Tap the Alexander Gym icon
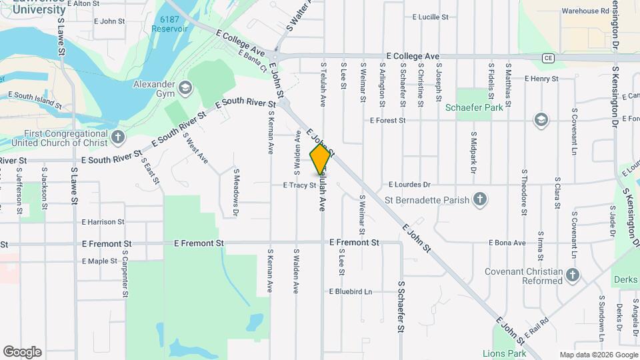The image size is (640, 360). pyautogui.click(x=185, y=87)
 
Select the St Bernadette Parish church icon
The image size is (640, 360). pyautogui.click(x=479, y=199)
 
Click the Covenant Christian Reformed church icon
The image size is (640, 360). pyautogui.click(x=572, y=275)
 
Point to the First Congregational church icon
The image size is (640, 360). pyautogui.click(x=118, y=138)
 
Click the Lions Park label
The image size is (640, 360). pyautogui.click(x=504, y=353)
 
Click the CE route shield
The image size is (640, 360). pyautogui.click(x=548, y=57)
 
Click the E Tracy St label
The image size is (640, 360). pyautogui.click(x=299, y=185)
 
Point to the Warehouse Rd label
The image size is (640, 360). pyautogui.click(x=585, y=11)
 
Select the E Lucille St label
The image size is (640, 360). pyautogui.click(x=434, y=17)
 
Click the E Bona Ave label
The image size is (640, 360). pyautogui.click(x=507, y=243)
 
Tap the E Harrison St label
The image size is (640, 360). pyautogui.click(x=103, y=221)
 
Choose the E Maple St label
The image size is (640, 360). pyautogui.click(x=99, y=261)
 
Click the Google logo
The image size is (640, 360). pyautogui.click(x=22, y=352)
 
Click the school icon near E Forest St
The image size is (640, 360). pyautogui.click(x=541, y=119)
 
